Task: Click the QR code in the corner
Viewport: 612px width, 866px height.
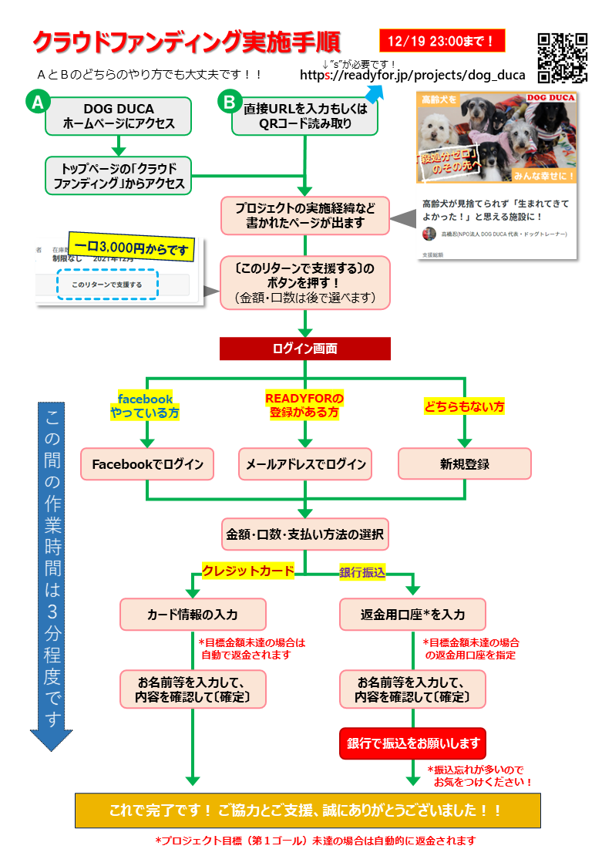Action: (x=563, y=57)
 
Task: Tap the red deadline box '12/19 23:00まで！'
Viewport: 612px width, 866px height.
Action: (x=442, y=40)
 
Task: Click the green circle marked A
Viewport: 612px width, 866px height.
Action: (x=38, y=103)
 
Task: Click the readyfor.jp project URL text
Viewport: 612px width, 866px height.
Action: (x=412, y=76)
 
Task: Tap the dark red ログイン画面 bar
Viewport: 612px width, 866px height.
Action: (x=305, y=349)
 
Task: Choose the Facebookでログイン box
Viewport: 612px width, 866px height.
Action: (x=147, y=464)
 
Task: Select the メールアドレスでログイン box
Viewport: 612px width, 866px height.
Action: (x=305, y=464)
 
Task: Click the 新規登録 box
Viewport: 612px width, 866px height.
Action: (x=464, y=464)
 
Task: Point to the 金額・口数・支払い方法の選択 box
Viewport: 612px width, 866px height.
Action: (x=305, y=533)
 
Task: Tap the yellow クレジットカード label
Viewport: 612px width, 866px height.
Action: (x=247, y=571)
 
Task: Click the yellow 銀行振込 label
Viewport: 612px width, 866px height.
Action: (x=362, y=571)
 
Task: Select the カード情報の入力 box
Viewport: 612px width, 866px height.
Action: (x=193, y=614)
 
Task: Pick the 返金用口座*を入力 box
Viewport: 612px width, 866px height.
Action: (x=413, y=614)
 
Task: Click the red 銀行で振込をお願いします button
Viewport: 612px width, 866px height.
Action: (x=413, y=743)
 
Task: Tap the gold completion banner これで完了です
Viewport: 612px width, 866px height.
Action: (x=307, y=810)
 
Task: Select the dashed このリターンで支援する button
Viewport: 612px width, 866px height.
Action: (x=107, y=285)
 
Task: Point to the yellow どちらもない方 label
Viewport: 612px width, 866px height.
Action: (x=464, y=406)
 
